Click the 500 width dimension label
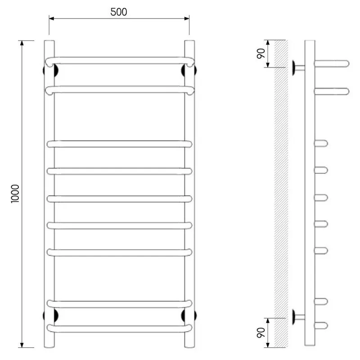(119, 12)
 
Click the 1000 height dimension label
(15, 194)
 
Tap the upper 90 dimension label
(261, 54)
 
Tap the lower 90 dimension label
(261, 333)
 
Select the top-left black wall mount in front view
(50, 71)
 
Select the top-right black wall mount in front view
(189, 71)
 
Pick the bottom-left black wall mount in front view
(50, 315)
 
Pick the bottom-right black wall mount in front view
(189, 315)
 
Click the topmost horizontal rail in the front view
(120, 61)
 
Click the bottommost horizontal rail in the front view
(119, 328)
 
